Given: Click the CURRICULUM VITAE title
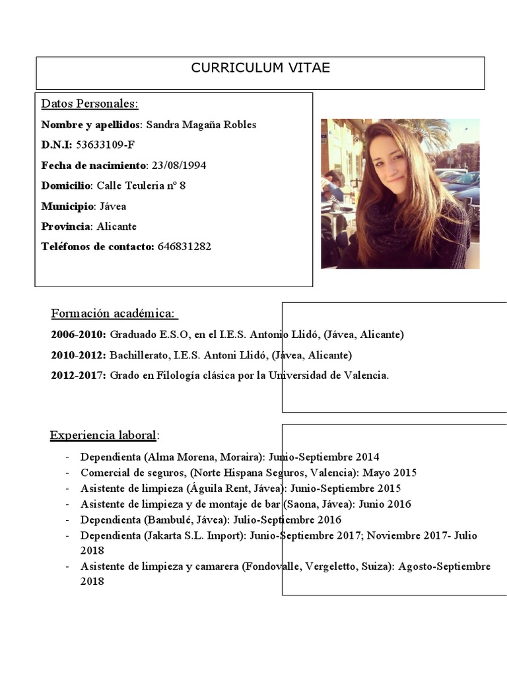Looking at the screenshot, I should (x=260, y=68).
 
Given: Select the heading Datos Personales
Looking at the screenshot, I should (x=90, y=104).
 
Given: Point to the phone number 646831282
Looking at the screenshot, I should (x=185, y=247).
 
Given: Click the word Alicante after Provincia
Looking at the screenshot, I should (x=117, y=226).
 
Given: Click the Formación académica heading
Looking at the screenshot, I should (x=114, y=314).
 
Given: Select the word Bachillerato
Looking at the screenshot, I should (x=137, y=355).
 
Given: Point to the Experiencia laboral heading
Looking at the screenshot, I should (x=104, y=435).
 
